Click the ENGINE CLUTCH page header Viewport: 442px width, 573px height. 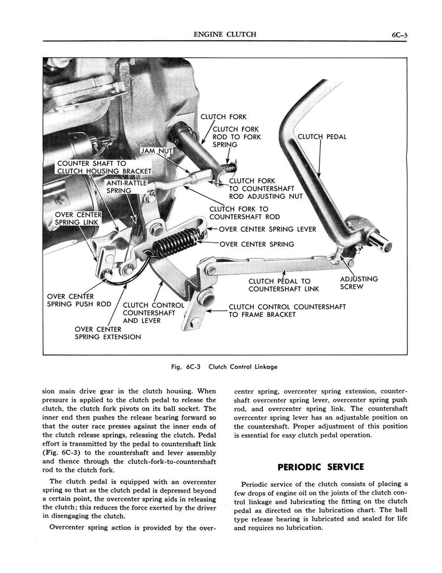pyautogui.click(x=221, y=34)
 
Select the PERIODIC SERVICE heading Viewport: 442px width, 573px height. pyautogui.click(x=321, y=467)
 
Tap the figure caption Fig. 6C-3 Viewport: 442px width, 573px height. pyautogui.click(x=225, y=367)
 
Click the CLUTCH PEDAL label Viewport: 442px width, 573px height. pyautogui.click(x=322, y=137)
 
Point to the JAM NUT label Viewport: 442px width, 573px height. pyautogui.click(x=158, y=151)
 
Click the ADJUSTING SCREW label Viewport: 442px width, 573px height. pyautogui.click(x=359, y=283)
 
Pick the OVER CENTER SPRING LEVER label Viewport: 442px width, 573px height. pyautogui.click(x=267, y=229)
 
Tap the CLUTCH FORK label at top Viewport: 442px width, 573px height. pyautogui.click(x=224, y=117)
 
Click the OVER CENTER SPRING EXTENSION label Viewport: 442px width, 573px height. pyautogui.click(x=107, y=333)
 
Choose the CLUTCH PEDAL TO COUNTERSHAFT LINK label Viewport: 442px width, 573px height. pyautogui.click(x=283, y=285)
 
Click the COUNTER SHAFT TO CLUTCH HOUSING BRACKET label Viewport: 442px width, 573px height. pyautogui.click(x=104, y=167)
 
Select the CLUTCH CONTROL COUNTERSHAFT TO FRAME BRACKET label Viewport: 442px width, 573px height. pyautogui.click(x=287, y=311)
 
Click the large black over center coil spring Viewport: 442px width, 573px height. pyautogui.click(x=175, y=242)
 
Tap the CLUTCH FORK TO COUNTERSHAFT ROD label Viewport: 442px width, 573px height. pyautogui.click(x=244, y=213)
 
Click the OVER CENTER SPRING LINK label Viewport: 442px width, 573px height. pyautogui.click(x=78, y=218)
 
